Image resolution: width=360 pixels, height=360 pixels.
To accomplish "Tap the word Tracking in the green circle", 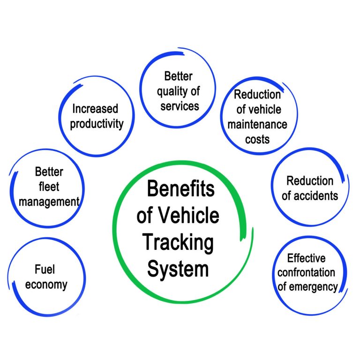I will click(x=178, y=243).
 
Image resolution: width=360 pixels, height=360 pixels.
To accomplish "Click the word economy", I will click(x=46, y=284).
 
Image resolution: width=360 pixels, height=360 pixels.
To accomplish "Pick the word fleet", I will click(x=46, y=187).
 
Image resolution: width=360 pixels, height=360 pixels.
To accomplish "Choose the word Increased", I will click(x=95, y=109).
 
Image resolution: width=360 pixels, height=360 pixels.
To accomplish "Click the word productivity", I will click(x=97, y=124).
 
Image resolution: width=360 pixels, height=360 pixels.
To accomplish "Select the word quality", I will click(x=173, y=91).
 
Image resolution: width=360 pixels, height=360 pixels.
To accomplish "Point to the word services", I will click(x=180, y=105).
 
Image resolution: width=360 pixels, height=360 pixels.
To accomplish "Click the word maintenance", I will click(x=257, y=124).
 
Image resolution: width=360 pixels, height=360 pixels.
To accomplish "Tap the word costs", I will click(x=257, y=139).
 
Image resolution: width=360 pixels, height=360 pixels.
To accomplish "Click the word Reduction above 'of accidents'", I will click(x=310, y=180).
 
